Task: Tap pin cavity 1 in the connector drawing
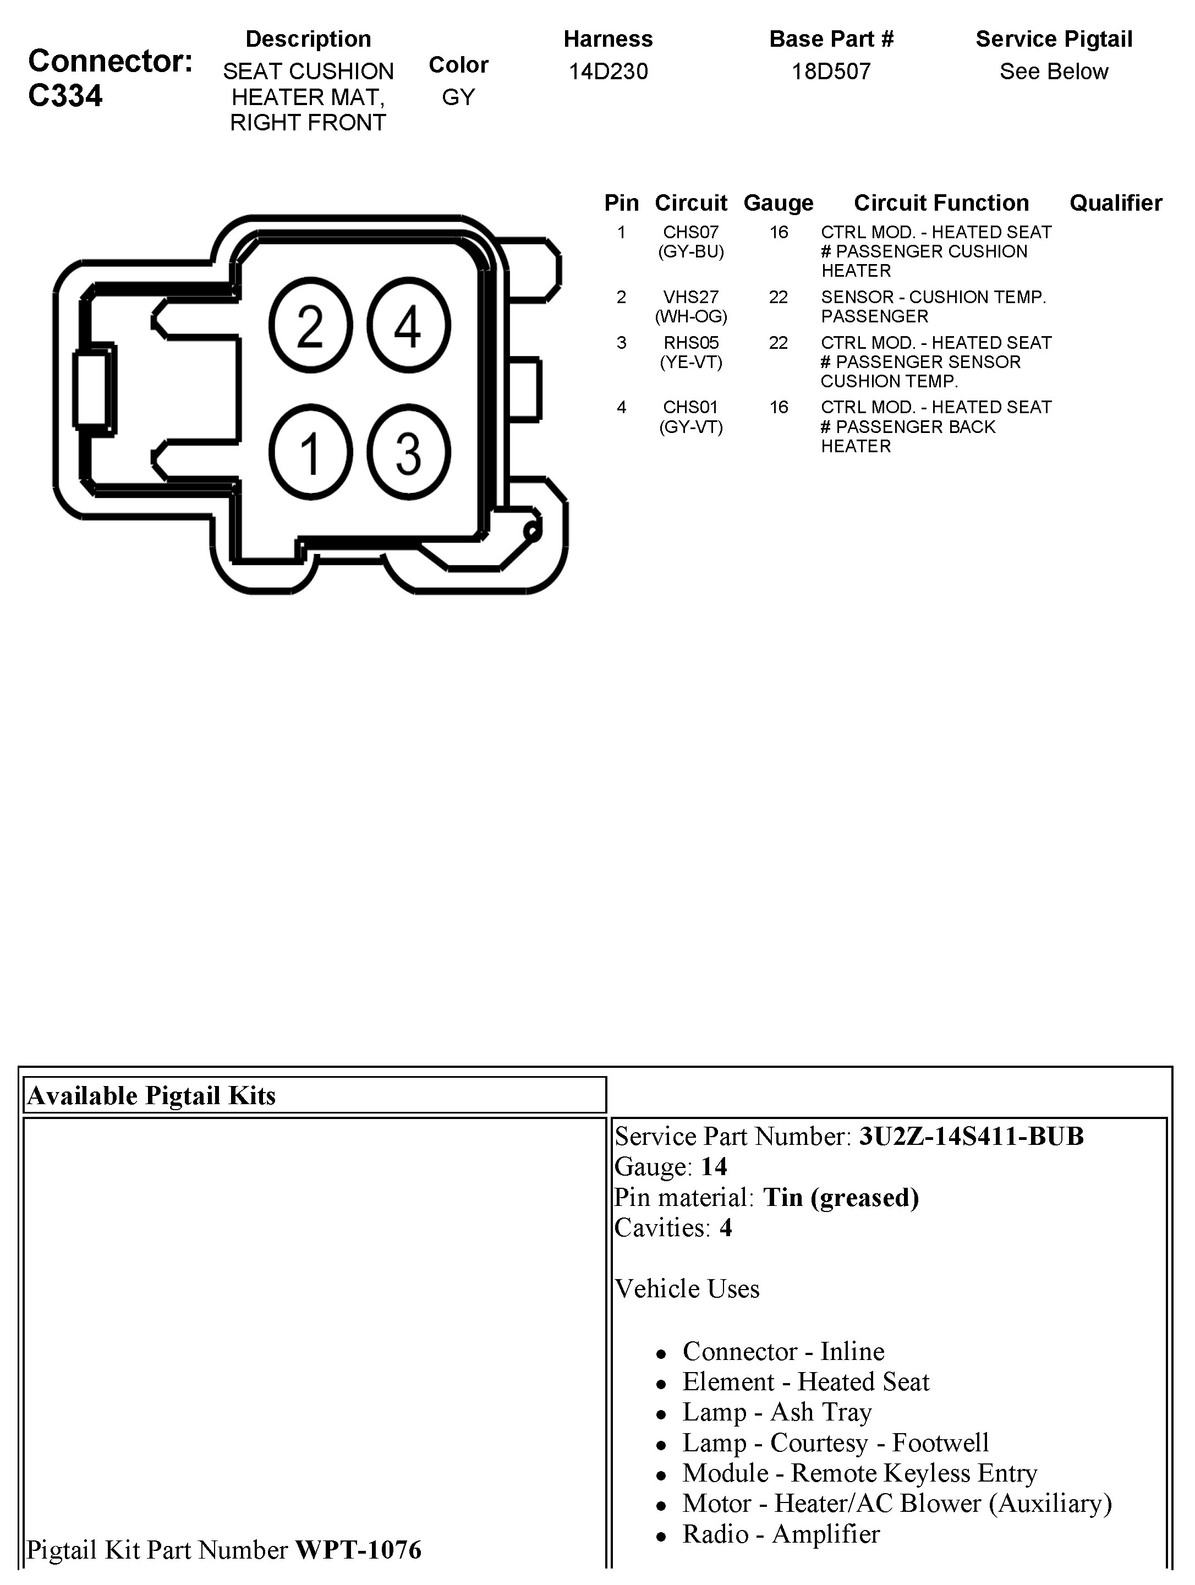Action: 310,453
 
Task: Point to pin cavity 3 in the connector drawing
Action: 408,453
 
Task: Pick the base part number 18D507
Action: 831,72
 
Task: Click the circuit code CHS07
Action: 690,232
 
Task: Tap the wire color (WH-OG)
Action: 690,316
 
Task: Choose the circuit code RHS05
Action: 690,343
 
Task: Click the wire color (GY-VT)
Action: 690,427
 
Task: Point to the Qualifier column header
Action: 1115,203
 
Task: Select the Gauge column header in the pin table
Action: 778,203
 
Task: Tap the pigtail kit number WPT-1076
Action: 358,1550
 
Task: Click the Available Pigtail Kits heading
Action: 151,1095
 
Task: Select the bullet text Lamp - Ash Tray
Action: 777,1412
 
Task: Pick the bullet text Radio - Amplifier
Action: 781,1533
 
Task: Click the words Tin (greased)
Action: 840,1197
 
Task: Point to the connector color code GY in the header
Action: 458,97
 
